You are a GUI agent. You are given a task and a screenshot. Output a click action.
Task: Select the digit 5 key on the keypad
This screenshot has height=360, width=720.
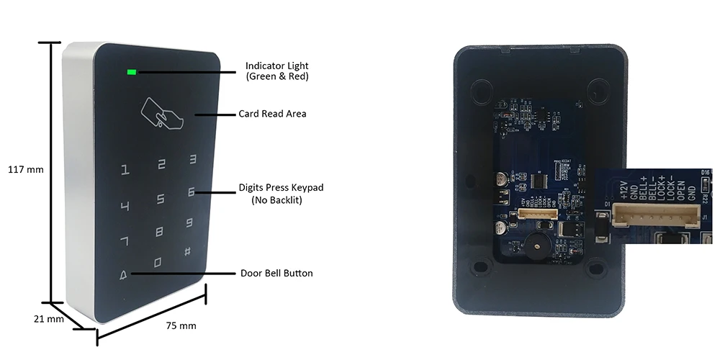click(x=161, y=199)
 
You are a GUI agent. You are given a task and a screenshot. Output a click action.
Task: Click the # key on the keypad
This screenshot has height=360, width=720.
click(x=187, y=252)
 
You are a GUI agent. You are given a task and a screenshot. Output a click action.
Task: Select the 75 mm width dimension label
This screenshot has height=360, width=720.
click(x=181, y=326)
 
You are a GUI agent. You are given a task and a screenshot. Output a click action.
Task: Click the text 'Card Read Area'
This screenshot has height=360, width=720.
click(x=272, y=114)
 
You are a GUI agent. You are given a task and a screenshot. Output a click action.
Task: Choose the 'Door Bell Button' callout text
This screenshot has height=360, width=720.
click(x=276, y=274)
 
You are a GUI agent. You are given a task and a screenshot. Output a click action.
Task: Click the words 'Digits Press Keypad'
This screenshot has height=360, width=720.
click(x=281, y=188)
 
